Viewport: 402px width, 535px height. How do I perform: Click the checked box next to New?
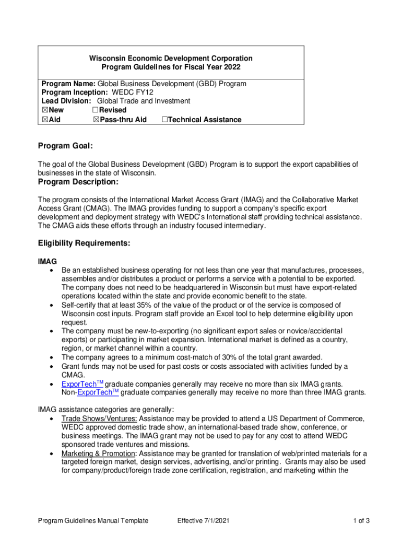click(x=45, y=110)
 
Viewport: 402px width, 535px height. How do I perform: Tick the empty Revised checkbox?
click(x=96, y=110)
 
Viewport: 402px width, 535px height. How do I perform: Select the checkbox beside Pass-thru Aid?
click(x=96, y=120)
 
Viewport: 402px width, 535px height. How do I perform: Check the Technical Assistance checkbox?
click(x=164, y=120)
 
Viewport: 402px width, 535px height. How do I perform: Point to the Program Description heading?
click(x=78, y=182)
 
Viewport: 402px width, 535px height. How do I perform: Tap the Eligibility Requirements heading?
click(x=84, y=243)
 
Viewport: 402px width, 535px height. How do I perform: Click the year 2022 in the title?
click(x=231, y=67)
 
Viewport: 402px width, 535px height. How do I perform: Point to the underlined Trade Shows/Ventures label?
click(x=99, y=419)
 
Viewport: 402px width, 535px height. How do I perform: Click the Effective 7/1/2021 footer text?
click(x=203, y=520)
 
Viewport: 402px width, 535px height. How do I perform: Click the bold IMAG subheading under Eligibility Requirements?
click(x=48, y=261)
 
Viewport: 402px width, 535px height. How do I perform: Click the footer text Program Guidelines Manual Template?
click(x=93, y=520)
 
